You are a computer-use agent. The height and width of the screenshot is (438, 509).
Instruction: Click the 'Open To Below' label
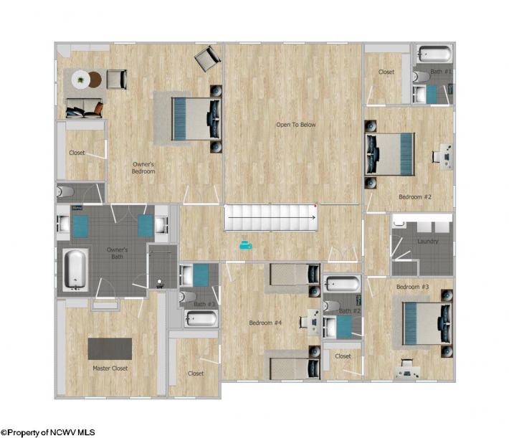tap(296, 125)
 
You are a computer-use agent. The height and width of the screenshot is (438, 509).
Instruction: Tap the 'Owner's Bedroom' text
tap(143, 168)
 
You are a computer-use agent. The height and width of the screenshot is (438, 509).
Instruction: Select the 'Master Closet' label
tap(110, 368)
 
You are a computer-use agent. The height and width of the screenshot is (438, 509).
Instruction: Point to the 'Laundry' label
tap(428, 242)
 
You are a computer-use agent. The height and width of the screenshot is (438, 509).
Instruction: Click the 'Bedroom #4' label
tap(265, 323)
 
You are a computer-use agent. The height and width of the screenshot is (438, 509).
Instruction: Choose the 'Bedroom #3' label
tap(413, 287)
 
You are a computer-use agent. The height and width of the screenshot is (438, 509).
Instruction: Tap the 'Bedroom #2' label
tap(415, 196)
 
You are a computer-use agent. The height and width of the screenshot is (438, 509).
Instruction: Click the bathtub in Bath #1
tap(434, 54)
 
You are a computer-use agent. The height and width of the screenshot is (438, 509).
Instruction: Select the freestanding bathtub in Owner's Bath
tap(76, 270)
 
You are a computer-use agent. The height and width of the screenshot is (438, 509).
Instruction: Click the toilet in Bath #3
tap(187, 297)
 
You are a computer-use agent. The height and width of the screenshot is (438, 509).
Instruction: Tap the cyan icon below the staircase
tap(246, 245)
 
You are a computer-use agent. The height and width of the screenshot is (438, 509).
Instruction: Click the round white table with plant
tap(81, 80)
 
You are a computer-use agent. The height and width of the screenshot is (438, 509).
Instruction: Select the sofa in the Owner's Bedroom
tap(85, 108)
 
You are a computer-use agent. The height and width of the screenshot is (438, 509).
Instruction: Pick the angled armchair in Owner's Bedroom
tap(207, 59)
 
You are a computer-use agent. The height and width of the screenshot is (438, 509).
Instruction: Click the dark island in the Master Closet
tap(110, 348)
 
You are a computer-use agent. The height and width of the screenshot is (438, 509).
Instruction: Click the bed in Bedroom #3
tap(427, 323)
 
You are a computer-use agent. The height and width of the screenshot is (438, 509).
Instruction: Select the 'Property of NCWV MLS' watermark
tap(48, 432)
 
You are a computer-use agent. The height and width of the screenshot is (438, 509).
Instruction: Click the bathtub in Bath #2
tap(342, 284)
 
